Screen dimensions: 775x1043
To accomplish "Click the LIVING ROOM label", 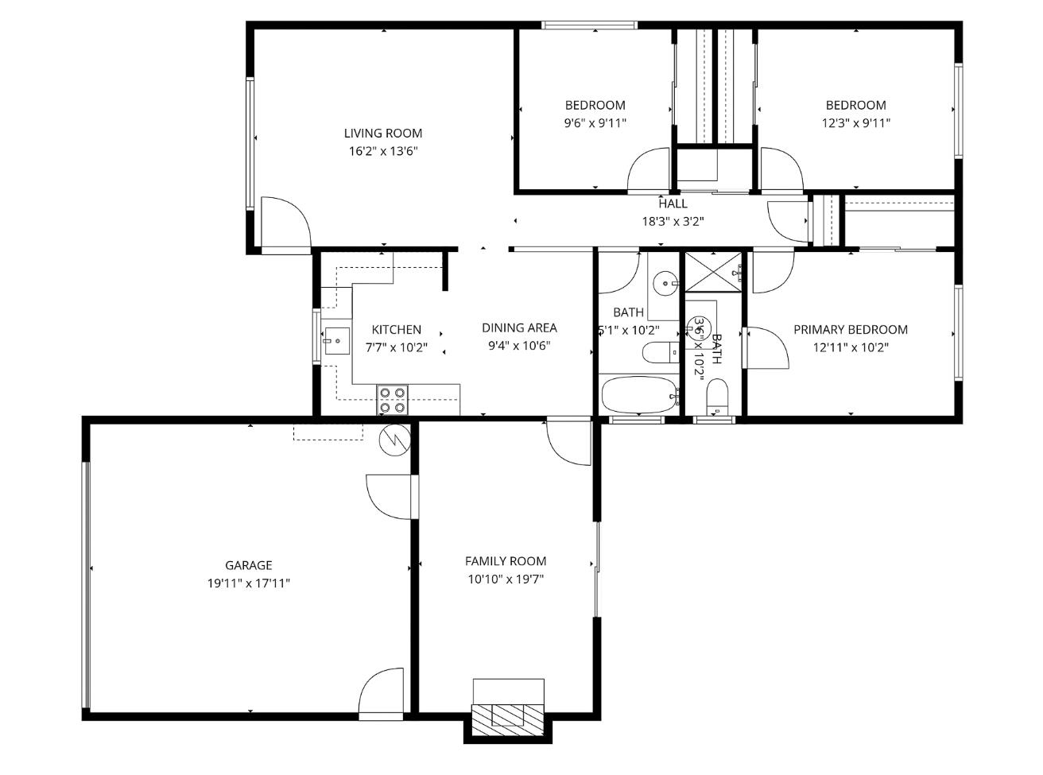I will click(x=382, y=133).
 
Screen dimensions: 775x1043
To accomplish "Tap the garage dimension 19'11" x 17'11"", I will click(x=248, y=583).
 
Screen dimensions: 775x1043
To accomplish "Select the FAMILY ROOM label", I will click(x=506, y=561).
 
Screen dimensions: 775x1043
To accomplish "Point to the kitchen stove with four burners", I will click(x=392, y=399).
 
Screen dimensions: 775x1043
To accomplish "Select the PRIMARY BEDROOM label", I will click(x=850, y=329).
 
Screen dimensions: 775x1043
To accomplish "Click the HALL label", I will click(x=673, y=203).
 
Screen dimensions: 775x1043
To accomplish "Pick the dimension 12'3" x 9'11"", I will click(x=855, y=123).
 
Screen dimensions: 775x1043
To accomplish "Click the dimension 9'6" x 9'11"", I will click(x=595, y=123).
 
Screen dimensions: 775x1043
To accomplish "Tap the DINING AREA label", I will click(x=519, y=327).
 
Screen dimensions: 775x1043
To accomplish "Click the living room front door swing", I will click(x=284, y=223).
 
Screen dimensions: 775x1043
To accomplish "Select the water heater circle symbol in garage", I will click(x=394, y=440).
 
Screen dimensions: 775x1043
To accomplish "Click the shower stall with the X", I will click(x=713, y=272).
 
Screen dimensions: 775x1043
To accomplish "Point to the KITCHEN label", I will click(x=396, y=329).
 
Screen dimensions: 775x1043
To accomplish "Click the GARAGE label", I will click(x=248, y=565).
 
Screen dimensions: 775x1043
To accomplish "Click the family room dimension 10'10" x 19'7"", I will click(x=506, y=579).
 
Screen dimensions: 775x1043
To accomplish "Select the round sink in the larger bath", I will click(x=665, y=282).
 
